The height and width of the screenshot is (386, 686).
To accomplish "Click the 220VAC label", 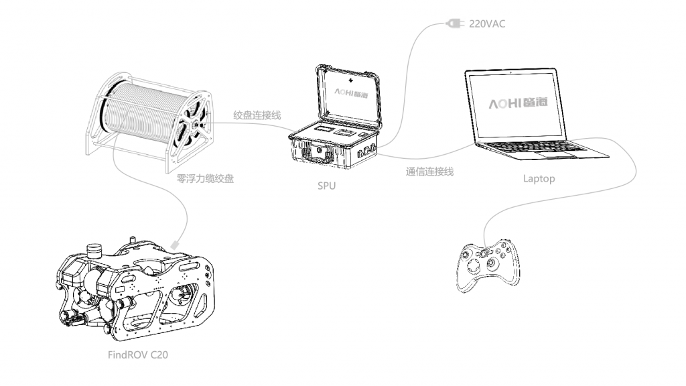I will [x=489, y=23].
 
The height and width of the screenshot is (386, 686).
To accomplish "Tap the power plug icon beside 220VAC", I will [x=455, y=24].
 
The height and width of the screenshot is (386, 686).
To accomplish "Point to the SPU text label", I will [x=326, y=185].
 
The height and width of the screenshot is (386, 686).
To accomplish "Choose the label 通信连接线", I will [x=429, y=172].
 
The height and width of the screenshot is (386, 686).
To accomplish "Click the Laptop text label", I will [x=539, y=179].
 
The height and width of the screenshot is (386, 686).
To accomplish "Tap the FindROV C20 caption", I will [x=138, y=354].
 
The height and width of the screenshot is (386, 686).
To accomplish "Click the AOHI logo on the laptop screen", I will [x=525, y=104].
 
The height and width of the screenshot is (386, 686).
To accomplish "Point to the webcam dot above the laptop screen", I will [x=512, y=70].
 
